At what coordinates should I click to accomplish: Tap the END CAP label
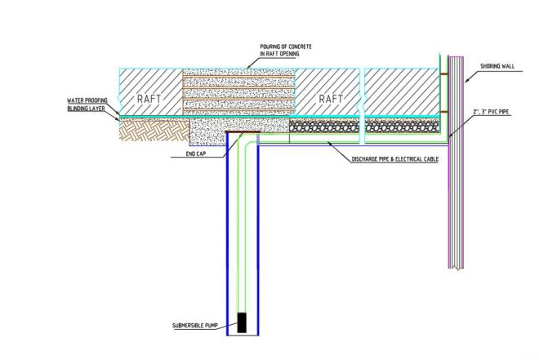(x=185, y=152)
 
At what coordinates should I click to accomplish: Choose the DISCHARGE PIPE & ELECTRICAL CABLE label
(x=383, y=160)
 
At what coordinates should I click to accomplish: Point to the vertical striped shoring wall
(x=456, y=163)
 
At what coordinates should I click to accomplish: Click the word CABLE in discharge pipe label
(x=427, y=160)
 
